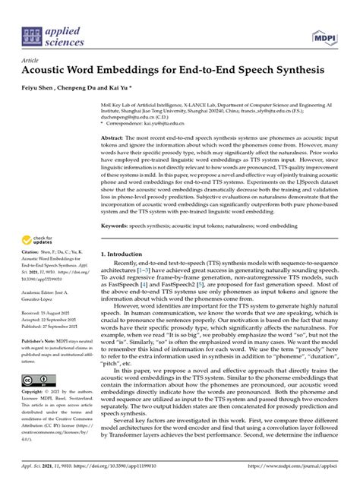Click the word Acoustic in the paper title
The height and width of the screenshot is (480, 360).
[53, 69]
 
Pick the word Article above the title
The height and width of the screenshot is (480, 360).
[32, 56]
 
